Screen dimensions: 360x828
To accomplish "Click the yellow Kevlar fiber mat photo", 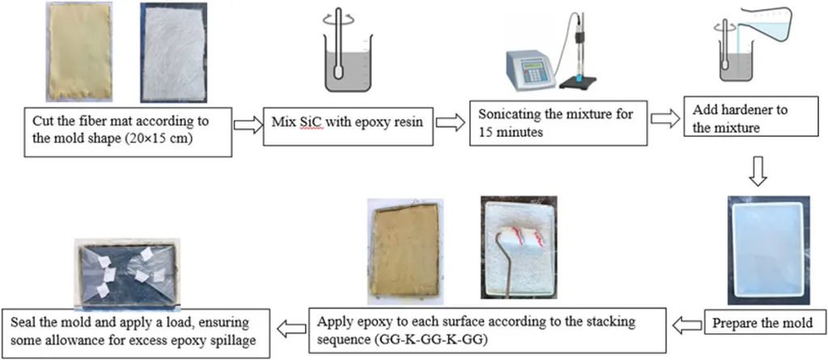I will coord(76,53).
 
